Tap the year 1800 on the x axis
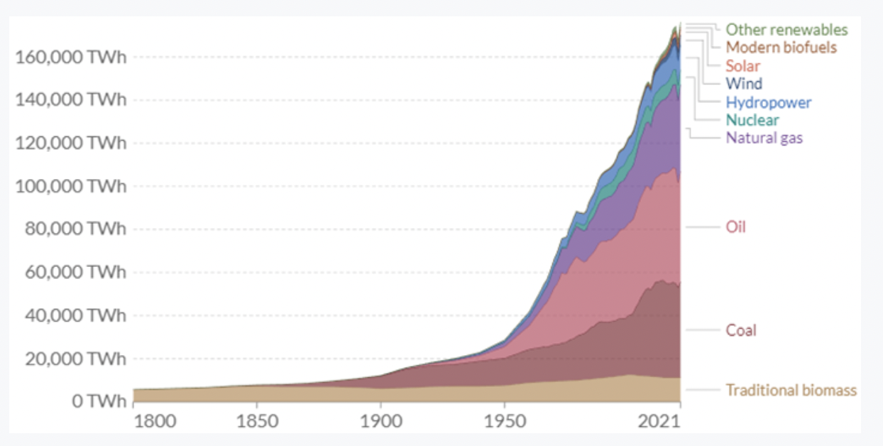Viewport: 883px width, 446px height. [155, 421]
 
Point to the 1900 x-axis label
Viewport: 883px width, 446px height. [380, 421]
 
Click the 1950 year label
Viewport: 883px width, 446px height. [505, 421]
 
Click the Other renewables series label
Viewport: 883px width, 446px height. [786, 30]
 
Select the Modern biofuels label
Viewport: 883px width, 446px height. [781, 48]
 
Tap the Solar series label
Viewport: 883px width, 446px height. [742, 66]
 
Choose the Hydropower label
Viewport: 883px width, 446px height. [768, 102]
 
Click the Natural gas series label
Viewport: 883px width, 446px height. [764, 138]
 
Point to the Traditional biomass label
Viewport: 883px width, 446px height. [791, 390]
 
